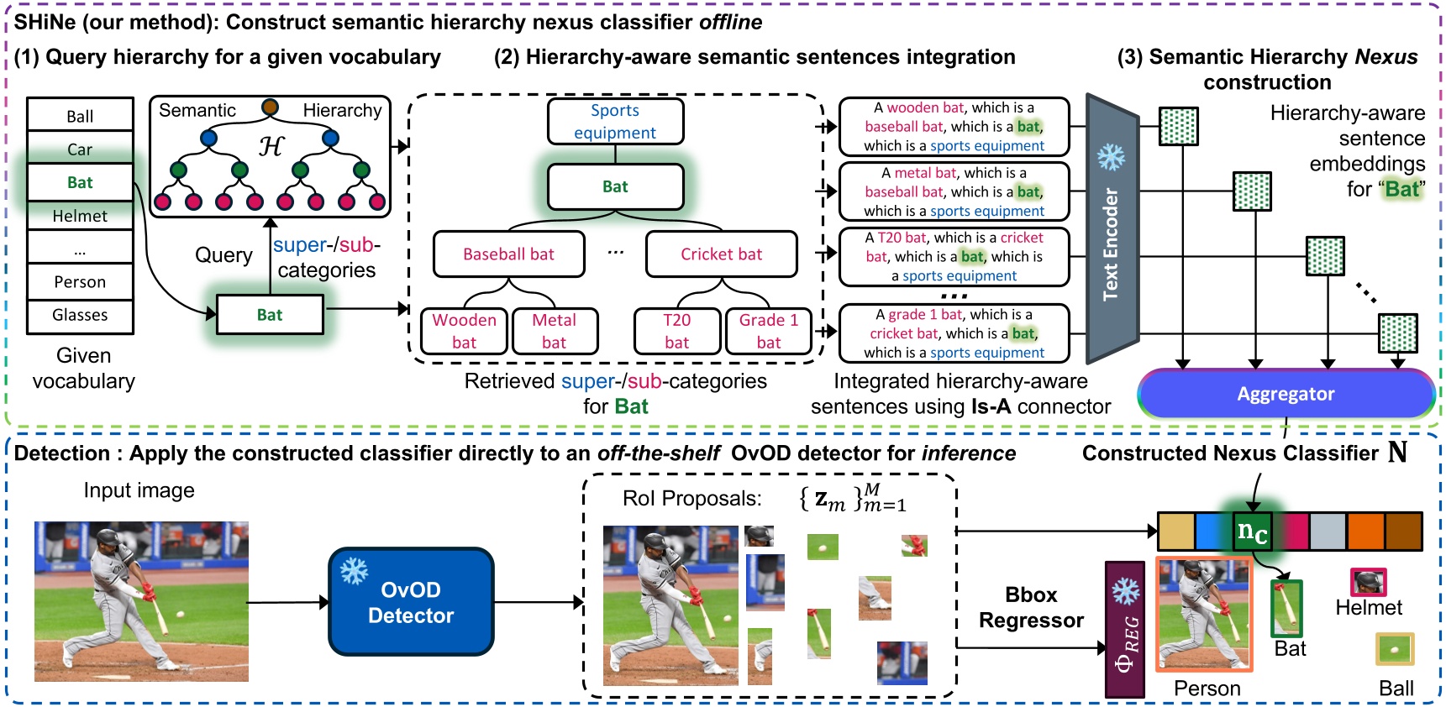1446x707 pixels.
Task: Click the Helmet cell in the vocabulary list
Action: click(80, 216)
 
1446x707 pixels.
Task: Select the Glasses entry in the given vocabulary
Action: click(80, 315)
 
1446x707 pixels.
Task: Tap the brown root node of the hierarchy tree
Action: click(270, 107)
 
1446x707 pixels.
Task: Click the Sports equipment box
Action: click(615, 122)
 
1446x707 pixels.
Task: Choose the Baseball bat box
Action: click(508, 254)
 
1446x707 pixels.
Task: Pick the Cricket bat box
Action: click(721, 254)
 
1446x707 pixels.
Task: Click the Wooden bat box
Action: click(464, 331)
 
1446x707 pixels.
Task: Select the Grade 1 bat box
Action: click(768, 331)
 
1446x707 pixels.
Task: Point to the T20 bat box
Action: click(676, 331)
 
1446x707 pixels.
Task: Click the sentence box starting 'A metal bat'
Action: click(954, 191)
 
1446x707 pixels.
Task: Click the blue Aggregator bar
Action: click(1285, 394)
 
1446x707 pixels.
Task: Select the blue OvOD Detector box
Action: click(411, 602)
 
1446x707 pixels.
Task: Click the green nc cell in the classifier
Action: click(1252, 532)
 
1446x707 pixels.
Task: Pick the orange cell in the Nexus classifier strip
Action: click(1365, 532)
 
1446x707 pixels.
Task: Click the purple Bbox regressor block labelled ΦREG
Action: click(1125, 630)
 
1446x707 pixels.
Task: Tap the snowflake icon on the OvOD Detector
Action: click(354, 572)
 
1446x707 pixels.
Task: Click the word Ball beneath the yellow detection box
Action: click(1396, 689)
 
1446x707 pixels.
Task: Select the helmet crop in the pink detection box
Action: click(1368, 582)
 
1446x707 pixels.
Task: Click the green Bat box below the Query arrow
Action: click(270, 315)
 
